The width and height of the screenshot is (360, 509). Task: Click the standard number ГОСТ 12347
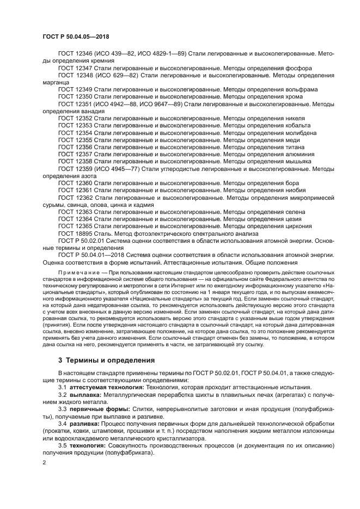[x=75, y=68]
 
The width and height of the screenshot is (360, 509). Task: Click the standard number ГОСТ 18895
[x=75, y=233]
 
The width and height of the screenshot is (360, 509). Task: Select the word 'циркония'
[x=298, y=226]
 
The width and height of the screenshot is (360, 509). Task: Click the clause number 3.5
[x=62, y=445]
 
